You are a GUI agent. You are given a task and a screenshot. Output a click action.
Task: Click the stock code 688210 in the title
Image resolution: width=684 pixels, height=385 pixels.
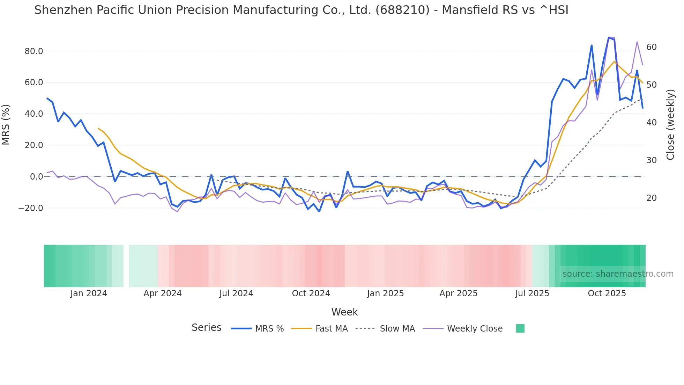coord(402,10)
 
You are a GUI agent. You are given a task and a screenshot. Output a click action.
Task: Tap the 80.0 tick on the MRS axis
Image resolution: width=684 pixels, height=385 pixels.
coord(34,51)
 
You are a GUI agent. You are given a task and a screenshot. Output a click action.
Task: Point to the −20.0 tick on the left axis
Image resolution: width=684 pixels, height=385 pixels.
coord(31,208)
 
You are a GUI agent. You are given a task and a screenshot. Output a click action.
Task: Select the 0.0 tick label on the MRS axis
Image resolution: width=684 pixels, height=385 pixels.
coord(37,177)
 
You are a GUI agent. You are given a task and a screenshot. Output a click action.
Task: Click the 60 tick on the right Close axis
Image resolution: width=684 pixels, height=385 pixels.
coord(652,47)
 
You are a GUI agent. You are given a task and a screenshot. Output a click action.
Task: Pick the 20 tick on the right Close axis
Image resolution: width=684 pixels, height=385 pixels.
coord(652,198)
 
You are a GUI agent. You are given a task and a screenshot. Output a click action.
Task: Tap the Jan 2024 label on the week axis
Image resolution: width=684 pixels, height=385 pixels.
coord(89,293)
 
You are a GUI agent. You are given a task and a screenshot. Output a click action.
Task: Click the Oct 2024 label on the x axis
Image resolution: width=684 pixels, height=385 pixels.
coord(311,293)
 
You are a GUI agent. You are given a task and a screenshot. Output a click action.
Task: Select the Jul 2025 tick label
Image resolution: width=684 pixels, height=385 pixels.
coord(532,293)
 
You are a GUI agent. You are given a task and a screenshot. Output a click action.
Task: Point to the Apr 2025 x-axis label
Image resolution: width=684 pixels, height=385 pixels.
coord(458,293)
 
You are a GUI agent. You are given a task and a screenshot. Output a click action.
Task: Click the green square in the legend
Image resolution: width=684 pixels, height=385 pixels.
coord(520,328)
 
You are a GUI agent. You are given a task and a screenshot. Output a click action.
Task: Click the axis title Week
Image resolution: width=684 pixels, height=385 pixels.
coord(344,312)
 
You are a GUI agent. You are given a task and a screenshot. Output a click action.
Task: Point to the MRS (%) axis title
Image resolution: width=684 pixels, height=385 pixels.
coord(6,125)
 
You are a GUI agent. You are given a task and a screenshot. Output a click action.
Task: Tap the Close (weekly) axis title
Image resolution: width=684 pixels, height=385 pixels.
coord(670,125)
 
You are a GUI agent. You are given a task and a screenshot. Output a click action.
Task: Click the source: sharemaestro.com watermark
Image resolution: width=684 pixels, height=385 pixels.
coord(618,274)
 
